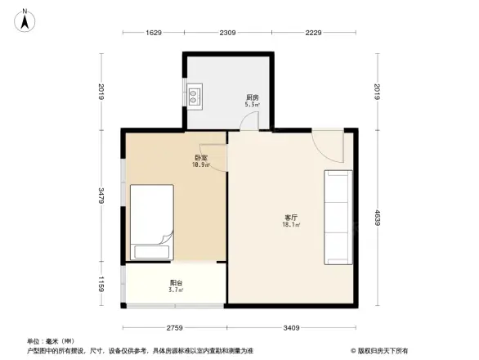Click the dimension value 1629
tap(154, 33)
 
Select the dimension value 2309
tap(227, 33)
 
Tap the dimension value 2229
tap(314, 33)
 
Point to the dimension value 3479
tap(100, 196)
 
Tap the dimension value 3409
tap(292, 328)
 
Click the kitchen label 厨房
tap(253, 98)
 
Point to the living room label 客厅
tap(290, 217)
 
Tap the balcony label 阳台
tap(175, 283)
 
